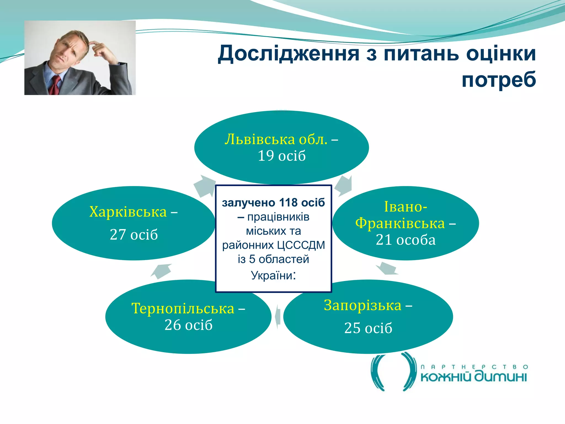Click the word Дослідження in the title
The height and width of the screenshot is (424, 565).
tap(289, 54)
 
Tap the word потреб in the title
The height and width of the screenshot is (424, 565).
tap(499, 79)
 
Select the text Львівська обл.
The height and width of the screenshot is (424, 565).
tap(276, 139)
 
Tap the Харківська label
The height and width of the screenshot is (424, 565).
tap(128, 212)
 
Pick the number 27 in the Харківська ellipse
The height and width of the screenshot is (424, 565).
tap(118, 235)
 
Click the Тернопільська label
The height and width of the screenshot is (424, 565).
tap(183, 308)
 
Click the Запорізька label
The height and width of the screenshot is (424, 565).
tap(363, 305)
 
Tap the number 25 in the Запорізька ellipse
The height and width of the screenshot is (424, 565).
tap(352, 328)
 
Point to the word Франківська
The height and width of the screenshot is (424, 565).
tap(400, 223)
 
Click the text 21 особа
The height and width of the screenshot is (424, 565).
tap(406, 240)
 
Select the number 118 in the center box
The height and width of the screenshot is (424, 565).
tap(288, 203)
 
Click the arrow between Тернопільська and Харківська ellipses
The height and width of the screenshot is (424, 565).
tap(162, 271)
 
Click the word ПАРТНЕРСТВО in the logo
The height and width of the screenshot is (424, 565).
tap(474, 367)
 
